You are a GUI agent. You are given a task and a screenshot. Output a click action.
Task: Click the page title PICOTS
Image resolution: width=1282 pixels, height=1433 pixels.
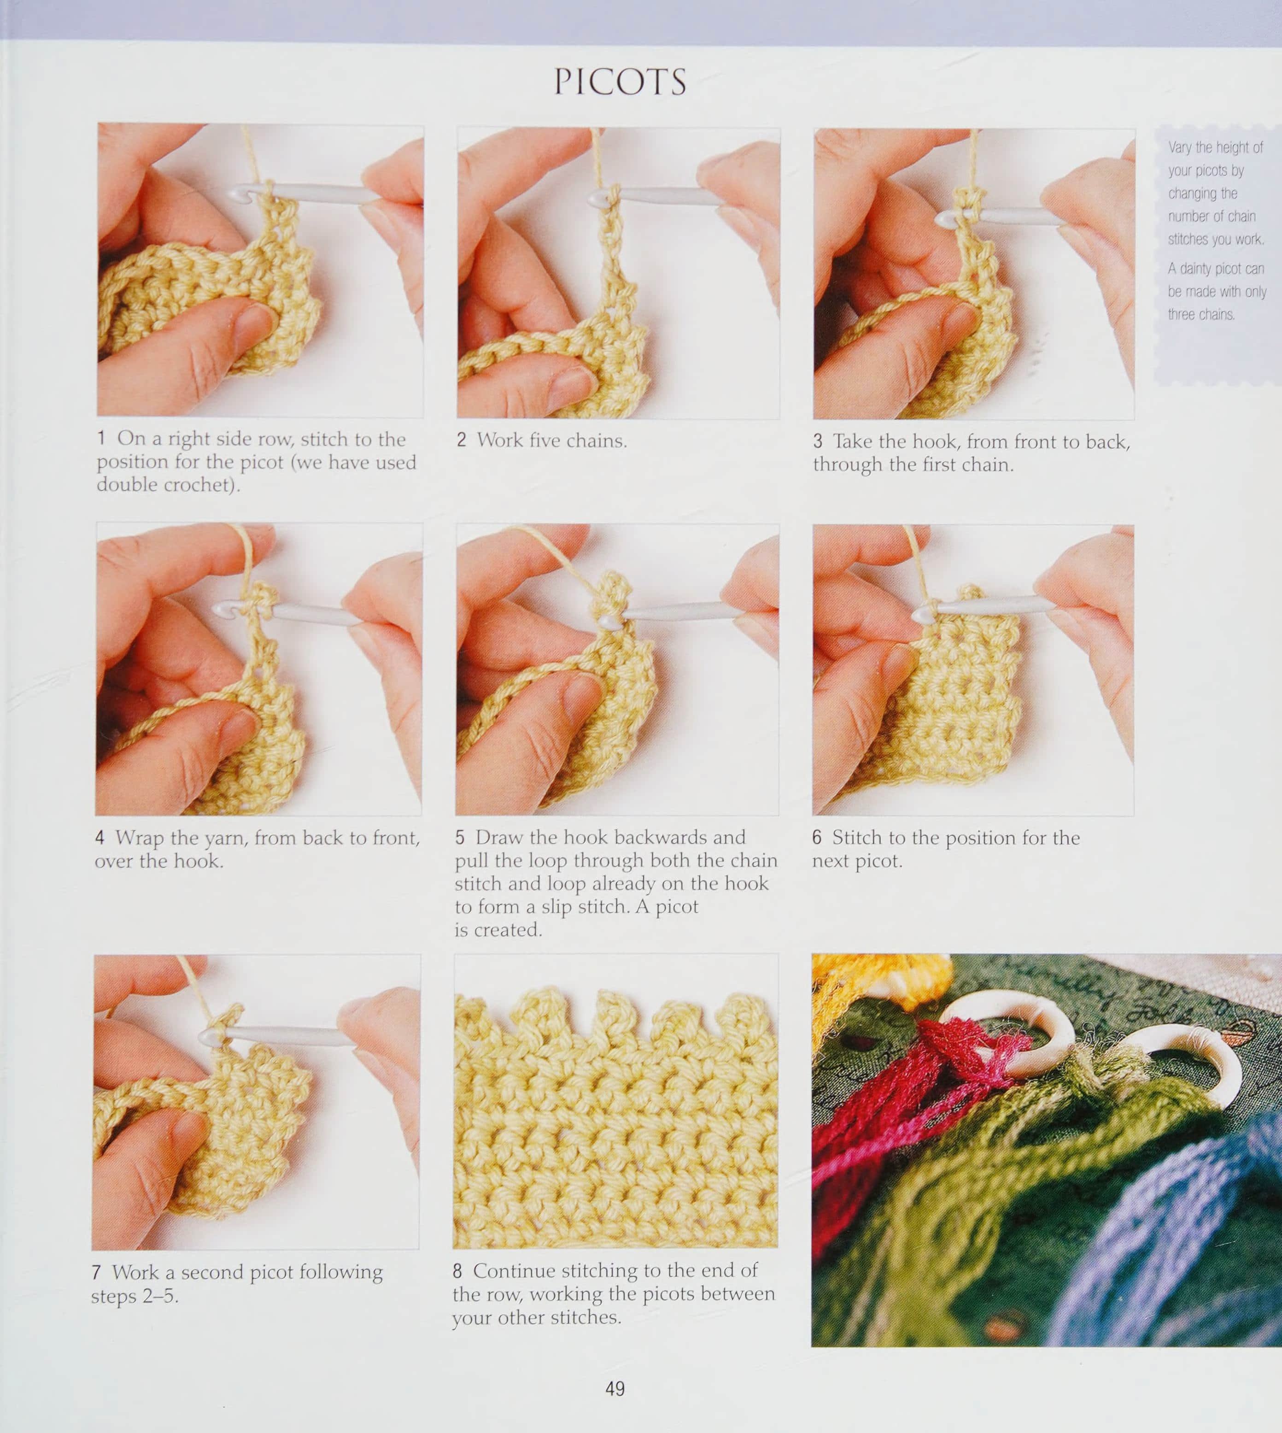[620, 82]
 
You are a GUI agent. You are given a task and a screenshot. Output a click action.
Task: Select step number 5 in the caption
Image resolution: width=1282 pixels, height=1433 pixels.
[460, 838]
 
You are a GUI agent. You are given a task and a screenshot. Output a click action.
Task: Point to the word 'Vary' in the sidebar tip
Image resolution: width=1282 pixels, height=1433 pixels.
[1179, 148]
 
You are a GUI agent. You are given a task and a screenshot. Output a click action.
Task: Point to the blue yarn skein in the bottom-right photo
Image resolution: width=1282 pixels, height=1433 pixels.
[1162, 1240]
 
